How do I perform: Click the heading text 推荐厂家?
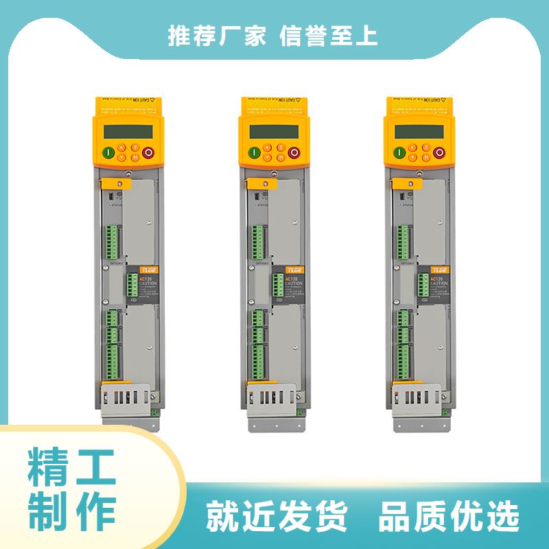click(x=217, y=36)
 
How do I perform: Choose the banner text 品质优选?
click(x=450, y=517)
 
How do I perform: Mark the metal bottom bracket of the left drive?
click(x=128, y=402)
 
